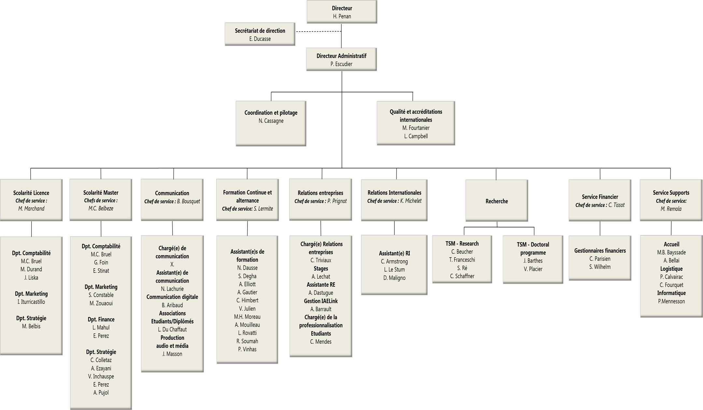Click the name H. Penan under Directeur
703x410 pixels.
(x=342, y=16)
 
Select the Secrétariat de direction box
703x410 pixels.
(x=260, y=34)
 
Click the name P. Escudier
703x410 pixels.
(x=341, y=64)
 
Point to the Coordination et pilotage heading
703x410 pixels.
(x=271, y=113)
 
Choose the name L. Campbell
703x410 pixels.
(x=416, y=136)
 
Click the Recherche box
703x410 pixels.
(x=497, y=201)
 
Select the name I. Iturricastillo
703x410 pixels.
(x=31, y=302)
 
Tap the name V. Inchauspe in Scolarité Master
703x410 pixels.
(x=101, y=376)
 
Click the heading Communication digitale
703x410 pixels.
(x=172, y=297)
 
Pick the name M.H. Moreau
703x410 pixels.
(x=247, y=317)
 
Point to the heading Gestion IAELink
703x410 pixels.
(x=321, y=301)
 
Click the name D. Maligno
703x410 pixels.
(x=394, y=278)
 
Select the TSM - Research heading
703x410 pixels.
(x=462, y=244)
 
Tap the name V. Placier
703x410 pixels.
(x=533, y=269)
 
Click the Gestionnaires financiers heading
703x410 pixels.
(x=600, y=251)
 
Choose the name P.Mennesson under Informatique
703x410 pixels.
(x=671, y=301)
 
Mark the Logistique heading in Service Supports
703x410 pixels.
(x=671, y=269)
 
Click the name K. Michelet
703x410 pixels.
(x=411, y=201)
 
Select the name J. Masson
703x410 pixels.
(x=172, y=354)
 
